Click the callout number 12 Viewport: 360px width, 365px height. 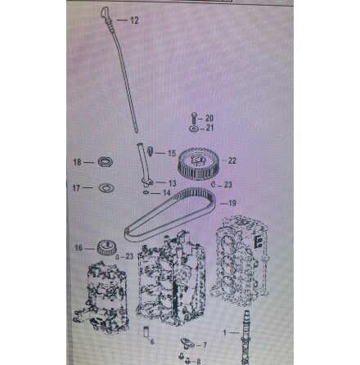coord(134,20)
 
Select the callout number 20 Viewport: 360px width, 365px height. coord(209,118)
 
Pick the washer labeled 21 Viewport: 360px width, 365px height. coord(194,128)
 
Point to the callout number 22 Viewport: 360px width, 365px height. coord(232,160)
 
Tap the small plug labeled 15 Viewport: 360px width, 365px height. coord(150,151)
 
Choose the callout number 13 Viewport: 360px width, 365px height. coord(173,183)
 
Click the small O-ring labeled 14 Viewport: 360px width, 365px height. coord(146,192)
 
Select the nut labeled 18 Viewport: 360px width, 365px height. coord(106,162)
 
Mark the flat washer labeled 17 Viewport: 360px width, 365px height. coord(106,187)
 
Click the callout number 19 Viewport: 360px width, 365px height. coord(232,203)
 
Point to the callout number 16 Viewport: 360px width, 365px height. coord(79,248)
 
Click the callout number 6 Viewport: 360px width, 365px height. coord(152,341)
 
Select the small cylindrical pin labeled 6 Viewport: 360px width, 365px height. coord(146,331)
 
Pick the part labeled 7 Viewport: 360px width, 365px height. coord(188,343)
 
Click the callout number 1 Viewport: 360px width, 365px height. coord(225,333)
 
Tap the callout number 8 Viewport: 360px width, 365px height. coord(199,361)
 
